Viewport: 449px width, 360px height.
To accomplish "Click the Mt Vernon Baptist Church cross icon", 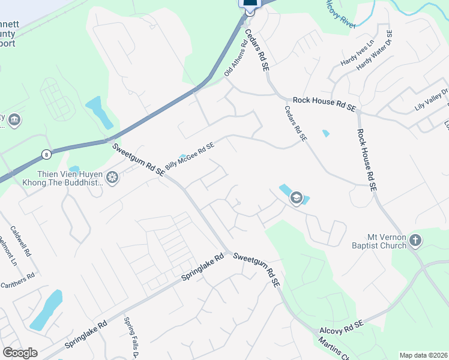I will [x=415, y=241].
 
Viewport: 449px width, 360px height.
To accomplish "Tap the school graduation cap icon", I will [x=295, y=197].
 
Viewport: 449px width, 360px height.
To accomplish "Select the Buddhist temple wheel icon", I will [x=112, y=178].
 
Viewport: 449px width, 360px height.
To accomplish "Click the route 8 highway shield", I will [x=46, y=154].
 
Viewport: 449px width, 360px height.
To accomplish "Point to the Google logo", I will [x=20, y=353].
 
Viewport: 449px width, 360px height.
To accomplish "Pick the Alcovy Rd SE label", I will [x=342, y=326].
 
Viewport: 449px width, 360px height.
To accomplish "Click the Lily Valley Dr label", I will [x=432, y=100].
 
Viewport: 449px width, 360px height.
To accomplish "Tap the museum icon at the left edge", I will [x=14, y=121].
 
